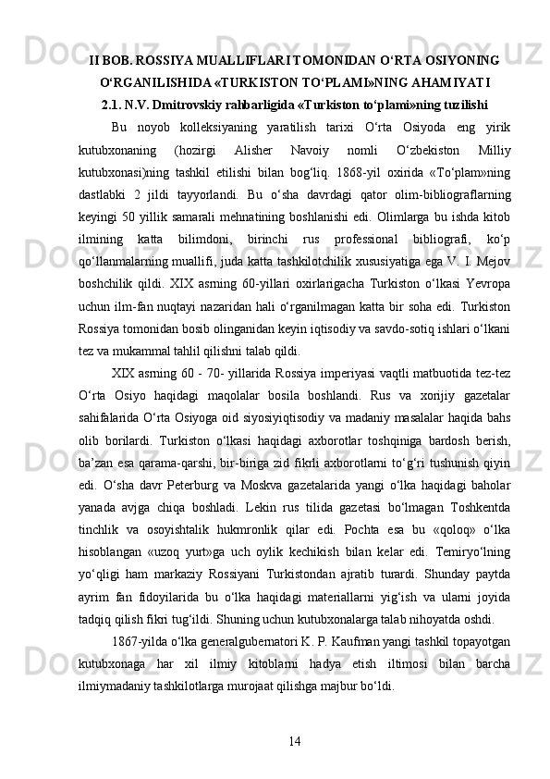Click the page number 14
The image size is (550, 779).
pyautogui.click(x=275, y=740)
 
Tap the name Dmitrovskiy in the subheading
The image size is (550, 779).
pyautogui.click(x=191, y=104)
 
